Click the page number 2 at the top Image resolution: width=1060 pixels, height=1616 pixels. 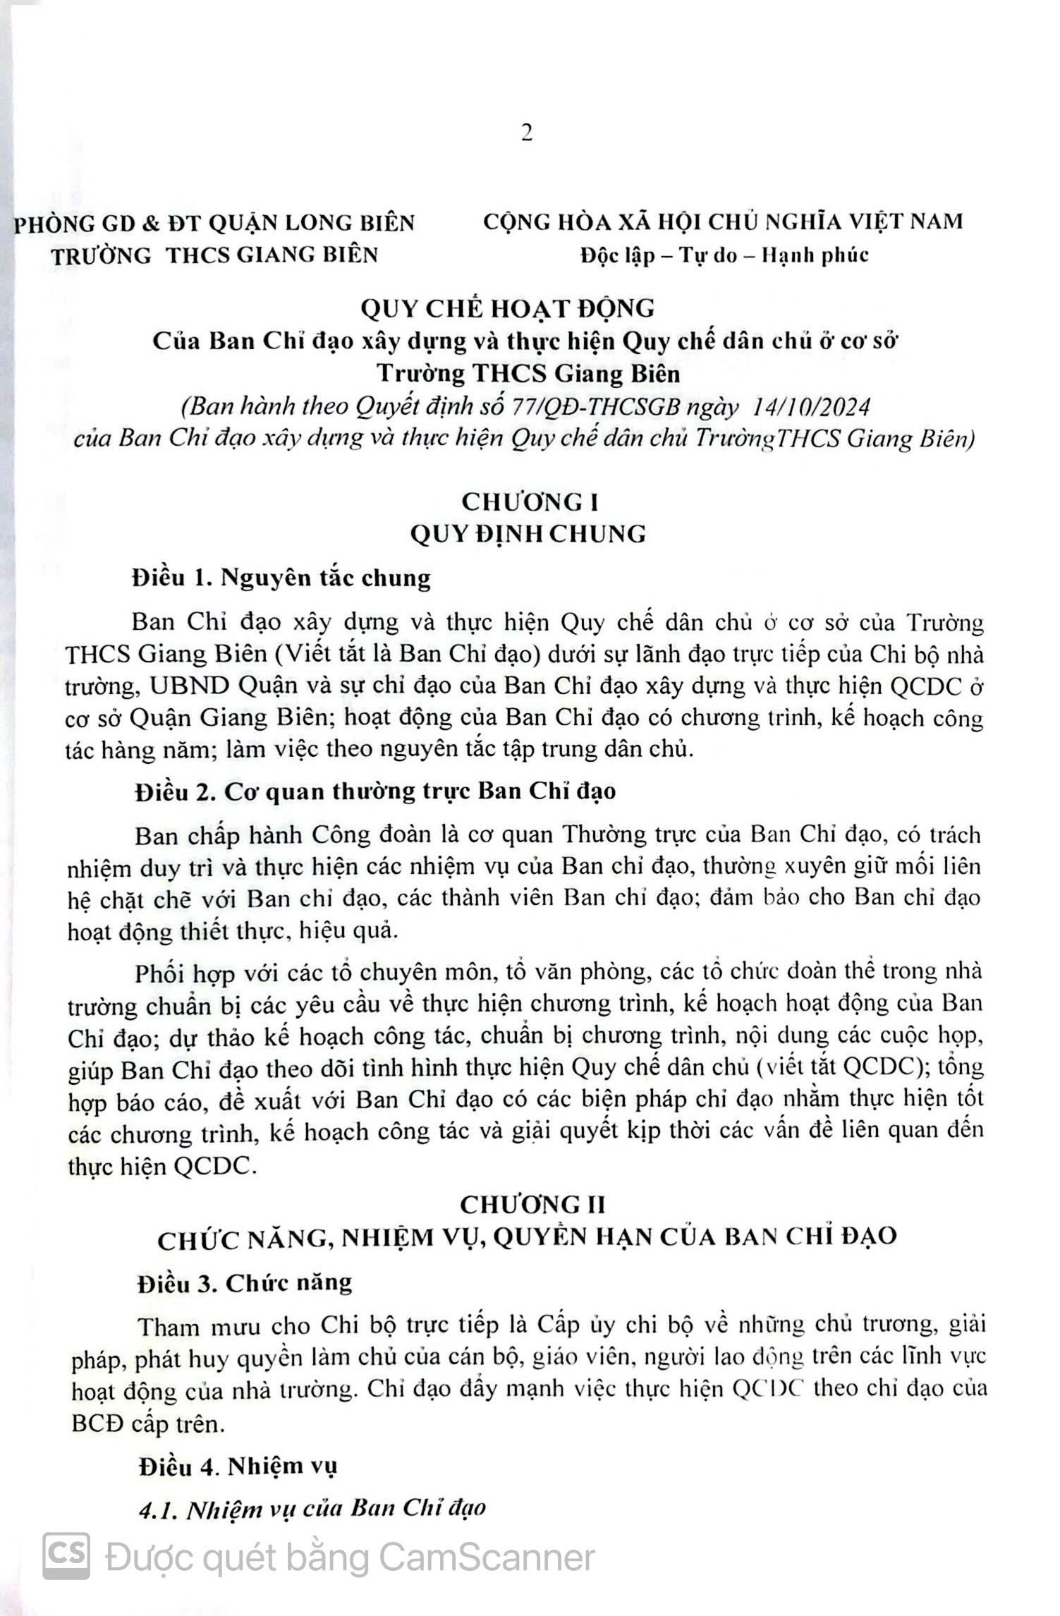tap(527, 133)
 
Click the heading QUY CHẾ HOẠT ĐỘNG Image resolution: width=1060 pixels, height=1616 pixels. tap(507, 308)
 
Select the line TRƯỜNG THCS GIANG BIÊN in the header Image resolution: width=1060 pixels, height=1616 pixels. tap(215, 255)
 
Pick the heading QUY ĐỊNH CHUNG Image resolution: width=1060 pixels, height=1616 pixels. tap(528, 534)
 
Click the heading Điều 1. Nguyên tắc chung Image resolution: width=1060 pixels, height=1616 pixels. tap(281, 578)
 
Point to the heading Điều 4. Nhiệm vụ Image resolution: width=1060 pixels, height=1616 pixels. tap(238, 1466)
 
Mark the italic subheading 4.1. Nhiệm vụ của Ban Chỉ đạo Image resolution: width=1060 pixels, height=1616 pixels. tap(312, 1508)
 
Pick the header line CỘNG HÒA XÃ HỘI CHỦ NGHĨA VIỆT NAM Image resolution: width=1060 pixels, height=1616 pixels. tap(723, 221)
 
